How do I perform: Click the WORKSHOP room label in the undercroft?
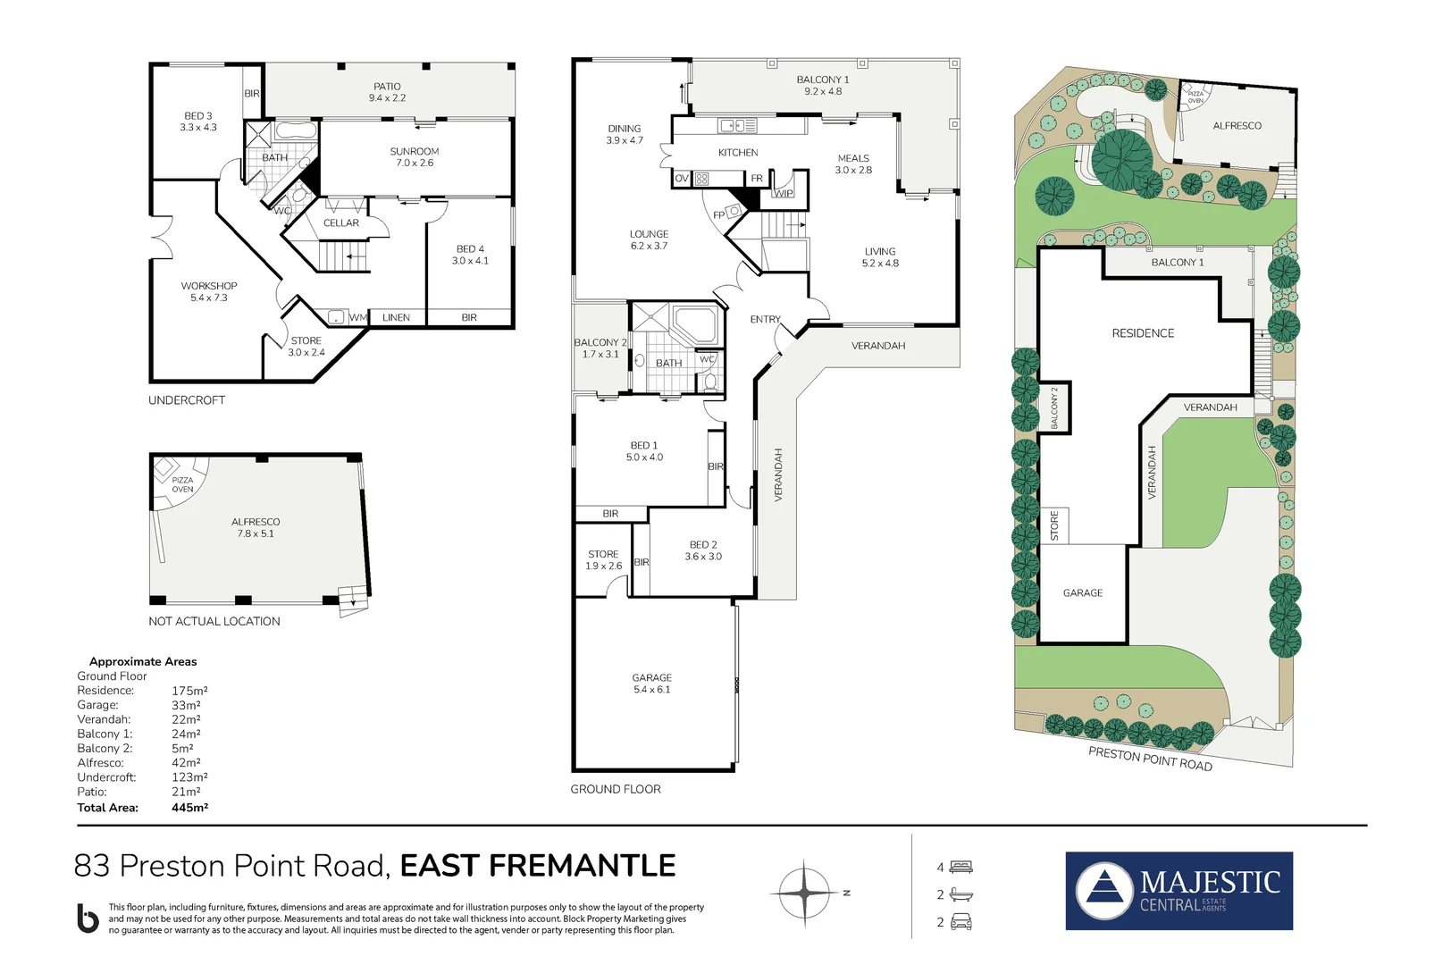tap(209, 286)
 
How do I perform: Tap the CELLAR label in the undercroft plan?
tap(341, 223)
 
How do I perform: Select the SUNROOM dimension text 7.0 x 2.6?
tap(415, 164)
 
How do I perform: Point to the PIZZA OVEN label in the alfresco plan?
tap(182, 485)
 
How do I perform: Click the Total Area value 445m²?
tap(189, 808)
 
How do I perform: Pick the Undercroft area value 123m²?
tap(189, 777)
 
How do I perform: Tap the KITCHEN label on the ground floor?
tap(738, 153)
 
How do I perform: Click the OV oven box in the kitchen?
tap(682, 179)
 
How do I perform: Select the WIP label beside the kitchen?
tap(784, 193)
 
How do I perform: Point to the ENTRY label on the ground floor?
tap(765, 319)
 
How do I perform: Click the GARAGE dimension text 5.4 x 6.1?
tap(651, 690)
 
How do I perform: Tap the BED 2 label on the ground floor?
tap(703, 544)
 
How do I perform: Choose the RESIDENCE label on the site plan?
tap(1143, 333)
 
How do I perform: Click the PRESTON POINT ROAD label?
tap(1150, 759)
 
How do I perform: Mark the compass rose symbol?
tap(803, 892)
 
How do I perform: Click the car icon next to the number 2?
tap(961, 922)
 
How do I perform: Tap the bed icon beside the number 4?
tap(961, 867)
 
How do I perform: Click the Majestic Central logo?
tap(1178, 891)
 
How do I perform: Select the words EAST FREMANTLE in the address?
tap(537, 866)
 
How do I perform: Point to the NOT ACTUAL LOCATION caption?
tap(214, 621)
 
